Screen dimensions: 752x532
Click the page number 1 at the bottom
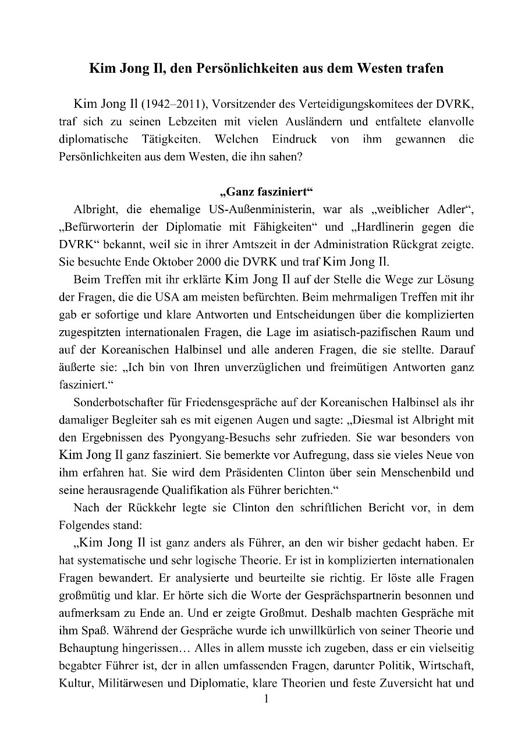coord(265,700)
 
